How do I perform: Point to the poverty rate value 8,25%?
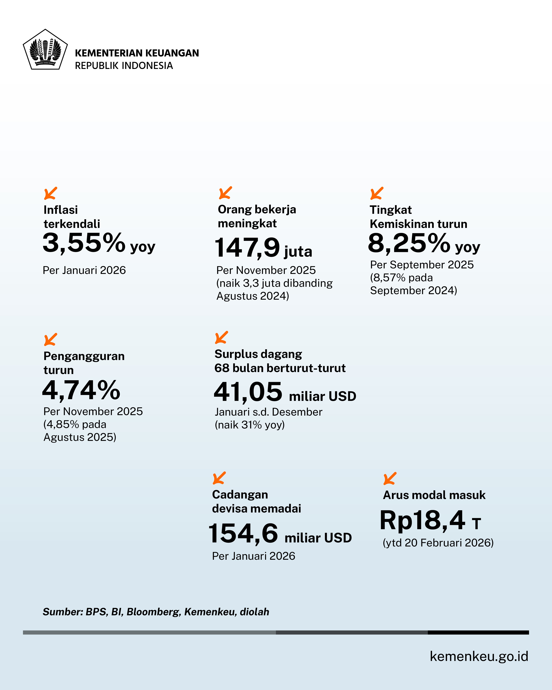(409, 243)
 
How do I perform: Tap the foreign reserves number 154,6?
(243, 533)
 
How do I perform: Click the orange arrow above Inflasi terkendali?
(51, 193)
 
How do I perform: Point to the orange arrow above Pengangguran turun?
(51, 340)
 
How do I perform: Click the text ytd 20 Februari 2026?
(438, 543)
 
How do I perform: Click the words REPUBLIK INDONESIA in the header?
(124, 66)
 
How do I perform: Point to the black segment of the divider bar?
(478, 632)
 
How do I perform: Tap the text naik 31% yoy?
(250, 425)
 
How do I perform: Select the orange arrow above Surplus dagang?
(221, 337)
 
